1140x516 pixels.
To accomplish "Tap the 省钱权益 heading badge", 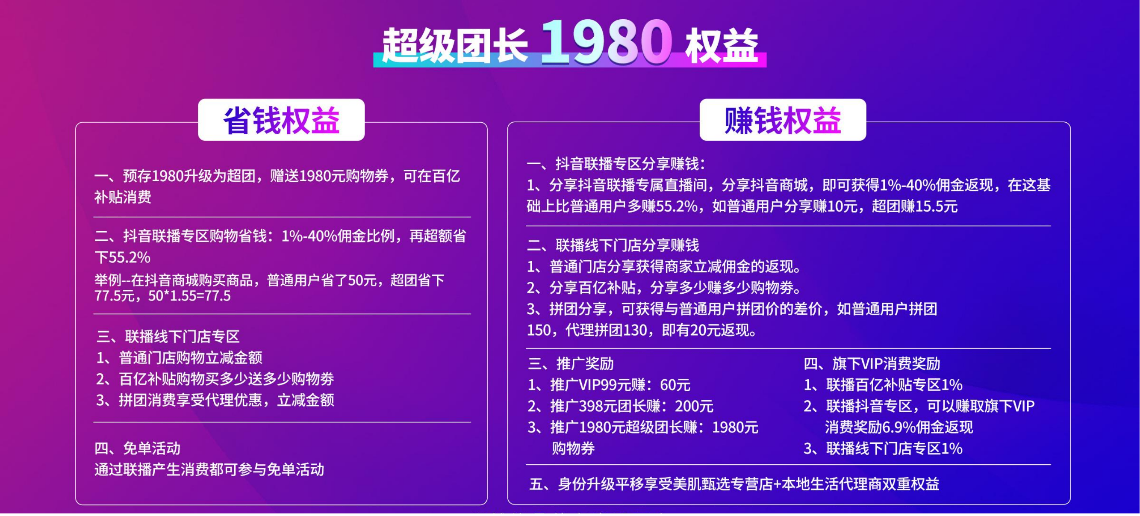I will pos(281,121).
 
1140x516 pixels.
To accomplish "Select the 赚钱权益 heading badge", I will pos(782,121).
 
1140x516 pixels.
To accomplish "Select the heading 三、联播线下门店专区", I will pos(168,337).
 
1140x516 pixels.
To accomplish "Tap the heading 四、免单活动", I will pos(137,449).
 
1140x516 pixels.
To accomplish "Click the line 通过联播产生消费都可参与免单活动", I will pos(209,469).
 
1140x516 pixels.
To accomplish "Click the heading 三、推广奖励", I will pos(571,364).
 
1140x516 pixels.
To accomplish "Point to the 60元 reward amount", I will pos(675,385).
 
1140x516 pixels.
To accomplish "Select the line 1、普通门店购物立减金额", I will pos(179,357).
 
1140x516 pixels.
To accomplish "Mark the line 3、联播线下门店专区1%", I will pos(883,449).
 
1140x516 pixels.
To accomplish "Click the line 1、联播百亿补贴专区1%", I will pos(883,385).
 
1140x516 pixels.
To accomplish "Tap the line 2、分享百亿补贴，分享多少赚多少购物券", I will pos(664,288).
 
